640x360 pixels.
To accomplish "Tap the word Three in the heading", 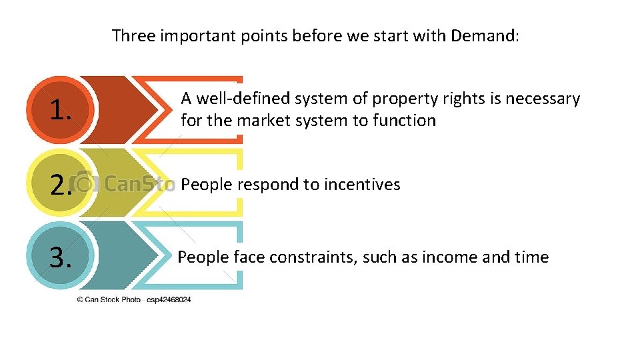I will [133, 35].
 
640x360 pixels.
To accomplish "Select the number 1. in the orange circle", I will [61, 111].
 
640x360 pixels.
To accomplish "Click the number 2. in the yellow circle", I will [61, 184].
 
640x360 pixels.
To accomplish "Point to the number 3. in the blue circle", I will [61, 257].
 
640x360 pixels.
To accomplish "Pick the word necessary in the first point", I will [540, 99].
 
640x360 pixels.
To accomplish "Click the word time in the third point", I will [531, 257].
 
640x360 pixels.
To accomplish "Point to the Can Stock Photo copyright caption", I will [133, 300].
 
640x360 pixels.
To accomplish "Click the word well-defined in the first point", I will [243, 99].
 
